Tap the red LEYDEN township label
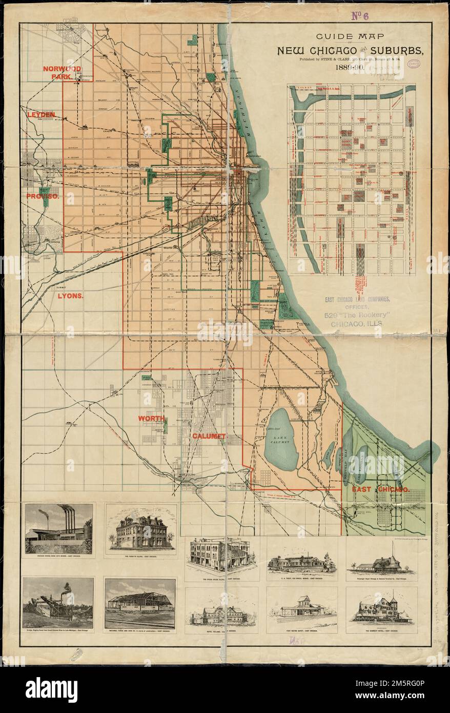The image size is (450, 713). click(41, 115)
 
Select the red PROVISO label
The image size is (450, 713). click(43, 196)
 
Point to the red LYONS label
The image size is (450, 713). click(71, 295)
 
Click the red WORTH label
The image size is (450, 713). click(151, 419)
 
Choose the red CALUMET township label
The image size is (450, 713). click(209, 436)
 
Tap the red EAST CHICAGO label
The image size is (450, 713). click(380, 490)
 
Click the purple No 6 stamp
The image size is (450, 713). click(360, 15)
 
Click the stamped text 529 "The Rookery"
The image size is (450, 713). click(353, 315)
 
